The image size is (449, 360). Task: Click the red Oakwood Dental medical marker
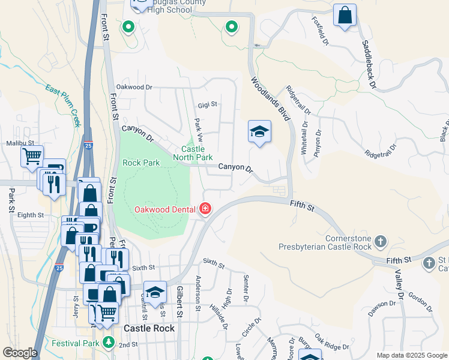[x=205, y=209]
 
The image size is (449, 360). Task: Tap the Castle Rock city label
[x=149, y=328]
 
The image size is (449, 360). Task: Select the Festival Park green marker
[x=109, y=343]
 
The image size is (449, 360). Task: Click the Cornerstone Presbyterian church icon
[x=380, y=242]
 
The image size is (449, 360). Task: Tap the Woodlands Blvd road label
[x=270, y=99]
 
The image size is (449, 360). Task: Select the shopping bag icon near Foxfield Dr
[x=345, y=15]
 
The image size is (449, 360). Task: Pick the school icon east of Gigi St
[x=259, y=131]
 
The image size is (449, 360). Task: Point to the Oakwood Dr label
[x=134, y=87]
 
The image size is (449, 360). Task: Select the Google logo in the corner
[x=20, y=352]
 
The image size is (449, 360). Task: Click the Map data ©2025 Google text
[x=411, y=355]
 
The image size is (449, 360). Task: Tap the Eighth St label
[x=31, y=214]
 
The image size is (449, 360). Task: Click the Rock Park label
[x=141, y=163]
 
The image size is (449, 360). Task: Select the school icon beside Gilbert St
[x=155, y=292]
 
